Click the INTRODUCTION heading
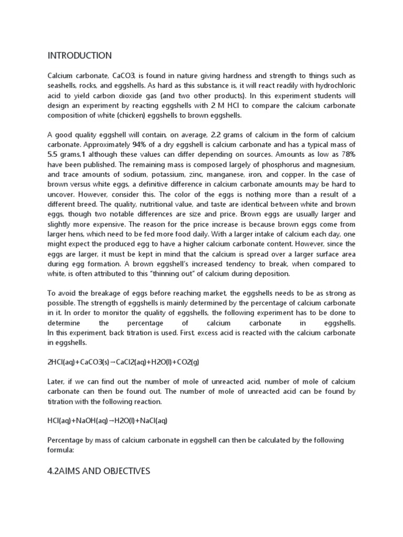tap(80, 56)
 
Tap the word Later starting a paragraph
tap(57, 381)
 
